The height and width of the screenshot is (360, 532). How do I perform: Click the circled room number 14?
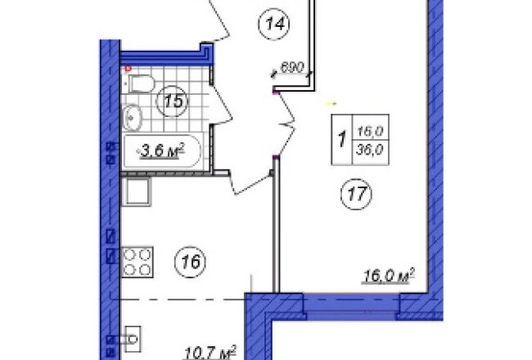[x=274, y=24]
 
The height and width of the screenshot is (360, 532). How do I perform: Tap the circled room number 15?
[x=172, y=101]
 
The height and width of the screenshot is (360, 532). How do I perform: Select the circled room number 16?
[x=190, y=262]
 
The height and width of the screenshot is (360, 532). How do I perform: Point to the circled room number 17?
[x=356, y=194]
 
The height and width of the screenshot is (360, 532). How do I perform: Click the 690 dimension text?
[x=292, y=68]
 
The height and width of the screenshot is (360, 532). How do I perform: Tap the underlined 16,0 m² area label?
[x=389, y=276]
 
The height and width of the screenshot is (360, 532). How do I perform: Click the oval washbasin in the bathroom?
[x=132, y=117]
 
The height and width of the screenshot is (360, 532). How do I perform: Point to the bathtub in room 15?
[x=162, y=151]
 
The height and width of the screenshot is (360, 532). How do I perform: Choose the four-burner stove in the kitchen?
[x=138, y=263]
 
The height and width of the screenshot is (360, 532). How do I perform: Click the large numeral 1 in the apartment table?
[x=342, y=139]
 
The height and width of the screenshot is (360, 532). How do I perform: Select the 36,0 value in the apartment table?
[x=370, y=149]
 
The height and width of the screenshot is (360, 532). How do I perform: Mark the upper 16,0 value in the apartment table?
[x=370, y=131]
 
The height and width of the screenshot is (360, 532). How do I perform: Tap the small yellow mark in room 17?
[x=331, y=103]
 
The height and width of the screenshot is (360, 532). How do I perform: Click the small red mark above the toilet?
[x=128, y=70]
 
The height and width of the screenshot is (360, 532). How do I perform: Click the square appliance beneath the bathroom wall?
[x=137, y=191]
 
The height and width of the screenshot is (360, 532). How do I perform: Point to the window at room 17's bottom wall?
[x=351, y=306]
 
